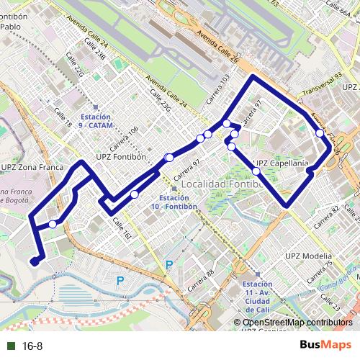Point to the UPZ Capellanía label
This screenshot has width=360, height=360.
tap(282, 163)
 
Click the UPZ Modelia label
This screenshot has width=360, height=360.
tap(307, 256)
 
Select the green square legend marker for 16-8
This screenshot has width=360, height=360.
tap(10, 346)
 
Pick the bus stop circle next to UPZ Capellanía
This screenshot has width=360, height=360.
tap(256, 171)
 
